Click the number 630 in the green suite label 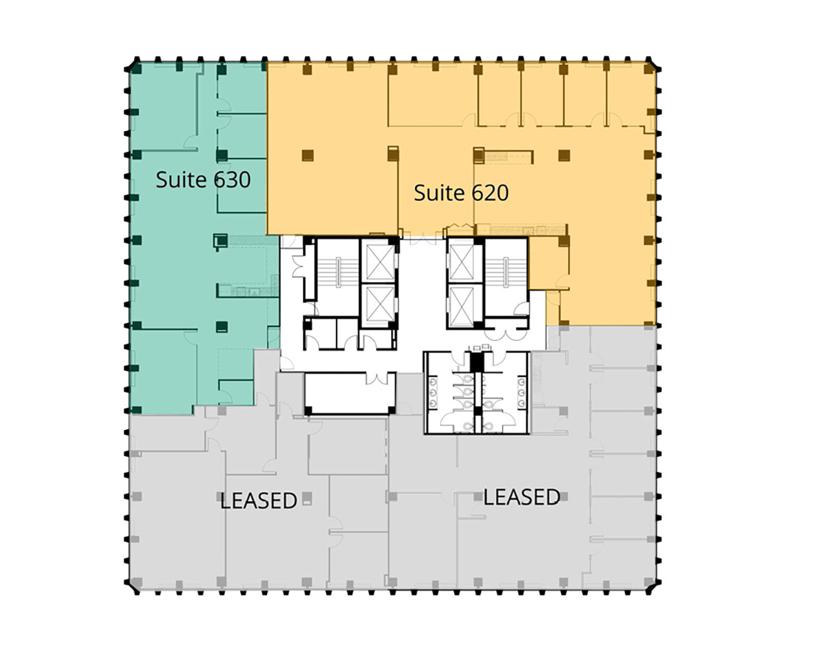[232, 179]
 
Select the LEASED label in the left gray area [259, 500]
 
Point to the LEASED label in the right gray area [522, 497]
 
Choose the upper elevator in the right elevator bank [462, 262]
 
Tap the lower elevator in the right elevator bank [462, 304]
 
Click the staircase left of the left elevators [337, 273]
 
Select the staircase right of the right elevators [506, 273]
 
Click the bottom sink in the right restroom [522, 403]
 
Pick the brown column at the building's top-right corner [650, 68]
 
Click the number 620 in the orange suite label [490, 193]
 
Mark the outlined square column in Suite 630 [220, 241]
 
